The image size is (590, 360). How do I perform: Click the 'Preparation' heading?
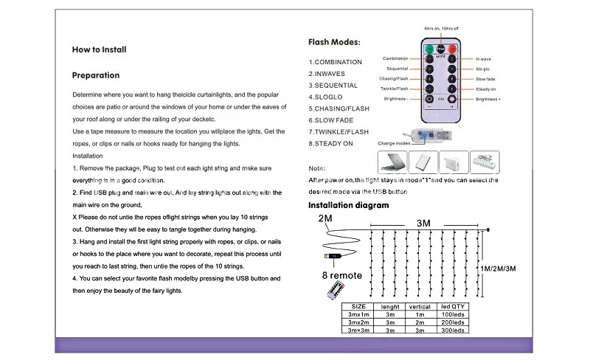95,75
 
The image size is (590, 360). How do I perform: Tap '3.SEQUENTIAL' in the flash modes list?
333,86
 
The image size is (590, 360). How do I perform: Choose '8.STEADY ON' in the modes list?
330,143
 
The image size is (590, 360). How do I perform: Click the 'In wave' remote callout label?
484,58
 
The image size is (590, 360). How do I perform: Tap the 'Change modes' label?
394,143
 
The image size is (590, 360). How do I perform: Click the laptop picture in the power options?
392,162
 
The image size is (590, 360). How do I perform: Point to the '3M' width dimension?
423,223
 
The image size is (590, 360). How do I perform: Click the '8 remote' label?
341,276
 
